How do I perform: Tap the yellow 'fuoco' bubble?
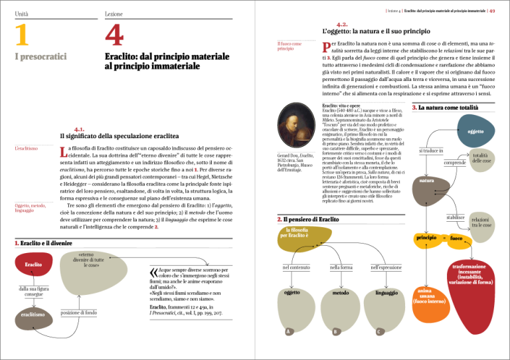[x=456, y=238]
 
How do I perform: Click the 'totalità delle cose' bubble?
[x=481, y=158]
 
